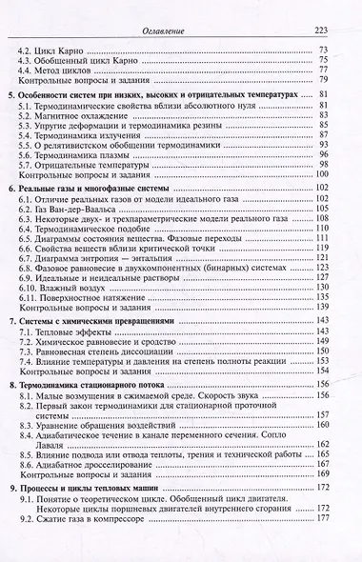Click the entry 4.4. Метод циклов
click(x=68, y=70)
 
